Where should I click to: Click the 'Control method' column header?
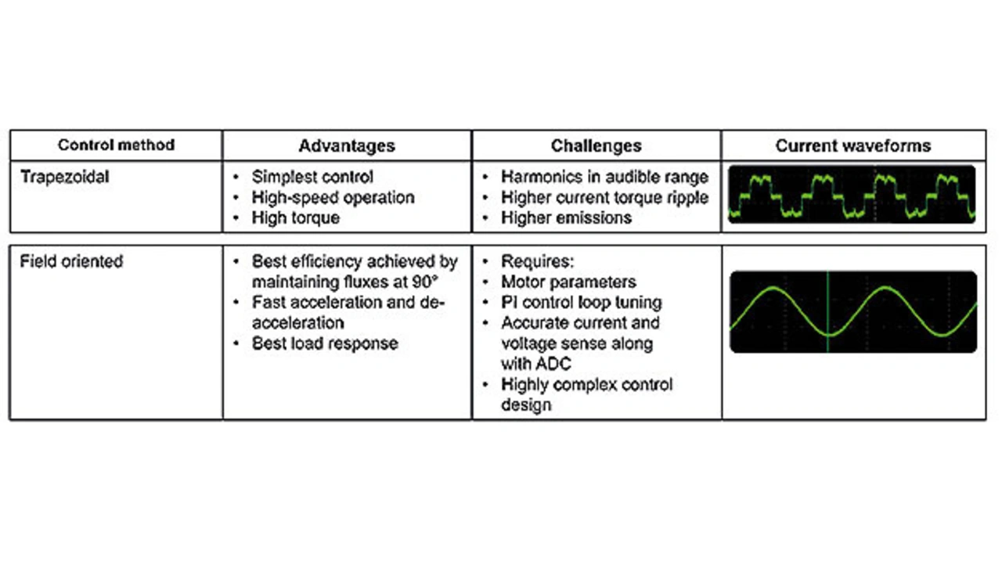[x=116, y=145]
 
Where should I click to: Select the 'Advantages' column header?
[x=347, y=145]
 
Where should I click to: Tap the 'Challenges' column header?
[x=596, y=145]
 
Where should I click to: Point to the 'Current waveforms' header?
[x=853, y=145]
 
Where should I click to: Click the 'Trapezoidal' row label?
[x=65, y=177]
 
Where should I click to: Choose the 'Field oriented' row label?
[x=71, y=261]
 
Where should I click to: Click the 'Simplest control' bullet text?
[x=312, y=177]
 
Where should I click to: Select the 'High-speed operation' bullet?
[x=333, y=198]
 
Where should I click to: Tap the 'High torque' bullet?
[x=295, y=218]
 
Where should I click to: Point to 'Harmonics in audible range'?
[x=604, y=177]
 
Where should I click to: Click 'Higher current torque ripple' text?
[x=604, y=198]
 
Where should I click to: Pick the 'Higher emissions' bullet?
[x=566, y=218]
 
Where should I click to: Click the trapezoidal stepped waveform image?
[x=852, y=194]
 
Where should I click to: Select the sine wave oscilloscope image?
[x=853, y=311]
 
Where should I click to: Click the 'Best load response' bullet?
[x=324, y=343]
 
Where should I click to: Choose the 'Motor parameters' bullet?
[x=568, y=282]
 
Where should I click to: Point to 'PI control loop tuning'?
[x=581, y=302]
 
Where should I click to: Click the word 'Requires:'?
[x=532, y=261]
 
